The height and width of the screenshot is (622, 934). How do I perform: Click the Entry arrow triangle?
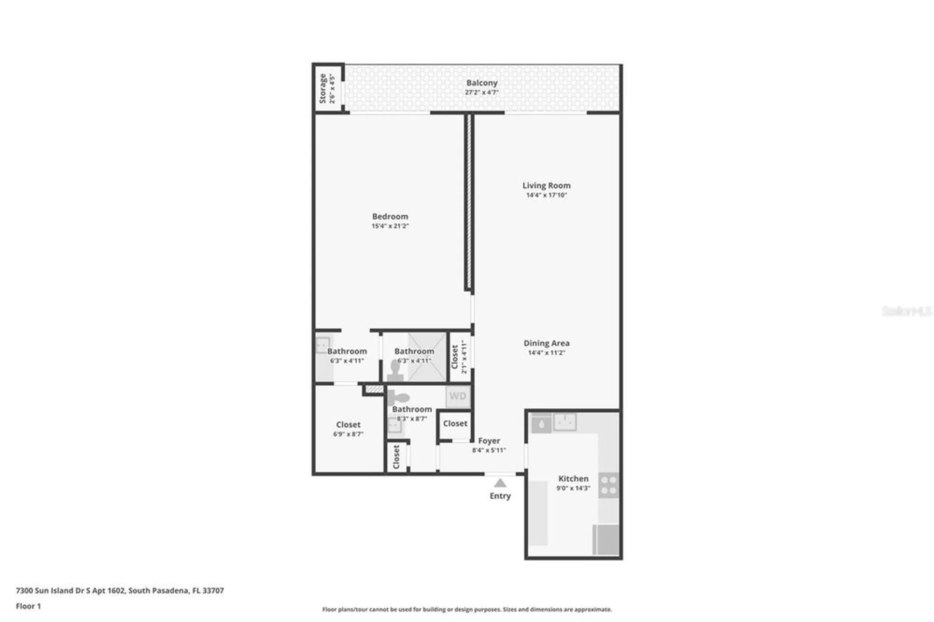pyautogui.click(x=500, y=483)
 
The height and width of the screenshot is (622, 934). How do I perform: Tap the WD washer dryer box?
pyautogui.click(x=458, y=396)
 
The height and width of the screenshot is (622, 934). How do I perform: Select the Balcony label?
pyautogui.click(x=481, y=83)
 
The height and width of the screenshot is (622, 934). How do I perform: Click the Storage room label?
pyautogui.click(x=322, y=88)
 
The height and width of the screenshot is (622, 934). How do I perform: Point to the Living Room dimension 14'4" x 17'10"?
pyautogui.click(x=546, y=195)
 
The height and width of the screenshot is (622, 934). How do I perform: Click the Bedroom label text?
pyautogui.click(x=390, y=216)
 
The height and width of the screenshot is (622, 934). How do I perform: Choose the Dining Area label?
pyautogui.click(x=546, y=343)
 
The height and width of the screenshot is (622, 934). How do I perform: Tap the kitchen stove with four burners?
pyautogui.click(x=609, y=485)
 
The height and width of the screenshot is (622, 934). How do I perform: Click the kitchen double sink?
pyautogui.click(x=565, y=422)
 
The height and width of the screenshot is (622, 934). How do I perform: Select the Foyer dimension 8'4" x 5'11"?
pyautogui.click(x=489, y=450)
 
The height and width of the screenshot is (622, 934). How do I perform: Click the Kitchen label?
pyautogui.click(x=573, y=478)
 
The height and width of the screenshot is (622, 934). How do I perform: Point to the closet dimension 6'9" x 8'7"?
pyautogui.click(x=348, y=434)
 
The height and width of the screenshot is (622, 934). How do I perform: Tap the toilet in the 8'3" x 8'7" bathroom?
pyautogui.click(x=398, y=398)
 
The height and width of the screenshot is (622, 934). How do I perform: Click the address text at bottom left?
pyautogui.click(x=120, y=590)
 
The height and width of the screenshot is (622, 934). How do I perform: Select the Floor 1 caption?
pyautogui.click(x=28, y=606)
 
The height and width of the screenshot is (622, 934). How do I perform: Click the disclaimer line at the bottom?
pyautogui.click(x=467, y=609)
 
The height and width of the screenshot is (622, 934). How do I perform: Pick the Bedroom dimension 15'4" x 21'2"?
pyautogui.click(x=390, y=226)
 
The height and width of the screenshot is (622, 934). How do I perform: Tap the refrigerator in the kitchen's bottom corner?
pyautogui.click(x=606, y=539)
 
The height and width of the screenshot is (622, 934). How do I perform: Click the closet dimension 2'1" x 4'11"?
pyautogui.click(x=464, y=357)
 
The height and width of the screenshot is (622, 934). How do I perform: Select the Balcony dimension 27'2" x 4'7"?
pyautogui.click(x=481, y=92)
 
